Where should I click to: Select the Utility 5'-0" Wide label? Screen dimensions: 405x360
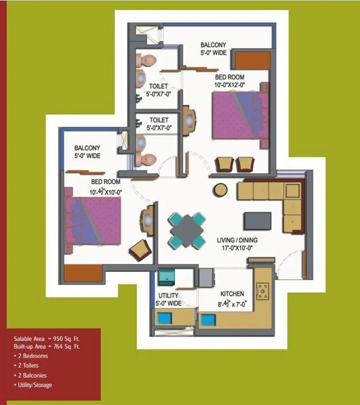(170, 299)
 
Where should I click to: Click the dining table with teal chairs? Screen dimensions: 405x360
(187, 229)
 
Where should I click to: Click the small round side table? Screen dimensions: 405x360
(220, 189)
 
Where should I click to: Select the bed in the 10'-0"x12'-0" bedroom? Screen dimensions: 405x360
(240, 115)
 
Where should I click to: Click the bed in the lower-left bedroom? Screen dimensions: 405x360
(94, 221)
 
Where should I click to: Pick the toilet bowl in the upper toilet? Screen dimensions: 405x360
(149, 61)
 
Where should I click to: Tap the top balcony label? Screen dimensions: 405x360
(213, 49)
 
